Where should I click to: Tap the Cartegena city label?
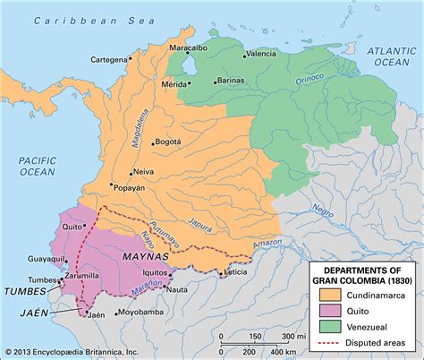tap(113, 59)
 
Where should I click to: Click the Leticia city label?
tap(235, 271)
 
